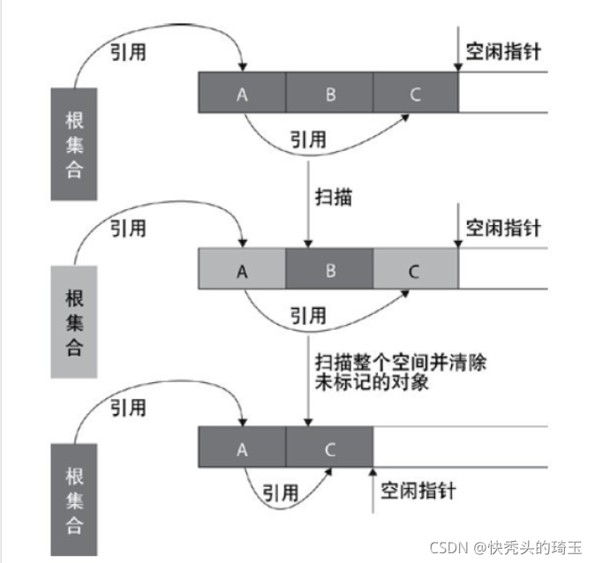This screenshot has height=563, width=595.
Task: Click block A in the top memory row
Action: coord(243,93)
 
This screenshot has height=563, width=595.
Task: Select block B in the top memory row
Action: coord(329,93)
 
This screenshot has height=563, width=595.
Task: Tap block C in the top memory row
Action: coord(416,93)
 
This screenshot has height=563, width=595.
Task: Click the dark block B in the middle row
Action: coord(329,270)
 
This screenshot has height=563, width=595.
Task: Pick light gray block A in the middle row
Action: coord(243,270)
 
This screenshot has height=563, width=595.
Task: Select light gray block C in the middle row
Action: coord(416,270)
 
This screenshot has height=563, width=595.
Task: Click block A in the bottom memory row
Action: coord(243,448)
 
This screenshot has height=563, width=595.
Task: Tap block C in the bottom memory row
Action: coord(329,448)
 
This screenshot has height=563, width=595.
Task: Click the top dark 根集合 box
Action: coord(75,145)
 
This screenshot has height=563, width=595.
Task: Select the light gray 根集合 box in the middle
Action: coord(75,321)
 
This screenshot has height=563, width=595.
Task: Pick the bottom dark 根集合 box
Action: coord(75,500)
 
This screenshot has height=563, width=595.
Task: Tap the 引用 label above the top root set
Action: coord(128,51)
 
